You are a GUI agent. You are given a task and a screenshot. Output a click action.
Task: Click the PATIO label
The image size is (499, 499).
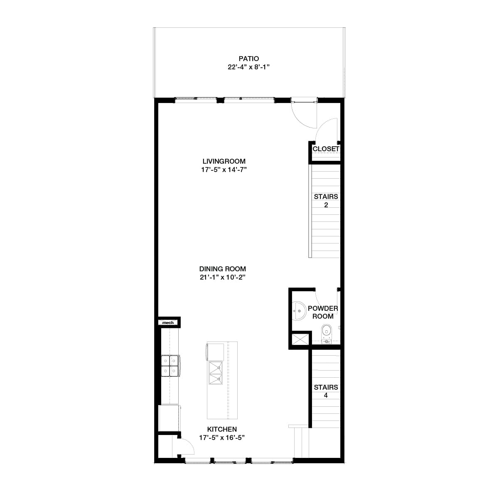click(x=248, y=59)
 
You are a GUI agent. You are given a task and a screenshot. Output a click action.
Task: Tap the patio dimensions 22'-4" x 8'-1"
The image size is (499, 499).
click(x=248, y=67)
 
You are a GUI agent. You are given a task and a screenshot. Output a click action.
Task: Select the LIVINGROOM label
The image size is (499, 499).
click(x=224, y=161)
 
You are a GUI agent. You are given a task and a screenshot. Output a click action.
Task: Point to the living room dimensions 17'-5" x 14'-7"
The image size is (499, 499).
click(x=224, y=170)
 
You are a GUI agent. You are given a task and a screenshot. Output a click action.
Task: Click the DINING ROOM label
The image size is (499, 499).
click(x=222, y=269)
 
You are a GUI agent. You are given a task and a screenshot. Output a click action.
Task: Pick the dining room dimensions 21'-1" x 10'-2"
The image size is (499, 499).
click(x=222, y=277)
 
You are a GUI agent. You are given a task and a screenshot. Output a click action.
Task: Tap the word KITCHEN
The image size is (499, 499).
click(x=222, y=429)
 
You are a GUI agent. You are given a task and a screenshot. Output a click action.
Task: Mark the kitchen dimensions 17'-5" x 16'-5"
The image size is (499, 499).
click(x=222, y=438)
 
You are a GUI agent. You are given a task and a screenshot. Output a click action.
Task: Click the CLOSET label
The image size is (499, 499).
click(x=326, y=149)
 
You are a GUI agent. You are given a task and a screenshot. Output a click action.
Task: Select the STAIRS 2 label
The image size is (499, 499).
click(x=326, y=200)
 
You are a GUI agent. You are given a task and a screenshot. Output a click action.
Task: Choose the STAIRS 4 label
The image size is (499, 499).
click(x=326, y=391)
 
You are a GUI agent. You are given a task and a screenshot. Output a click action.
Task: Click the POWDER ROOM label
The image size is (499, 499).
click(x=323, y=312)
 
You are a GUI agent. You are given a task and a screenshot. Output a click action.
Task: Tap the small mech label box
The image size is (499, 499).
click(x=168, y=322)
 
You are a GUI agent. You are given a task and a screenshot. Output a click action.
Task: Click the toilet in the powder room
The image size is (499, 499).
click(x=326, y=332)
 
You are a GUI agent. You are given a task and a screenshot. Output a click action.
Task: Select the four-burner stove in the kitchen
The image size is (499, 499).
click(x=170, y=366)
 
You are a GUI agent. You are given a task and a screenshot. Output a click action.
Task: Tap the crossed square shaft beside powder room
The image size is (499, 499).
click(x=300, y=339)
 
